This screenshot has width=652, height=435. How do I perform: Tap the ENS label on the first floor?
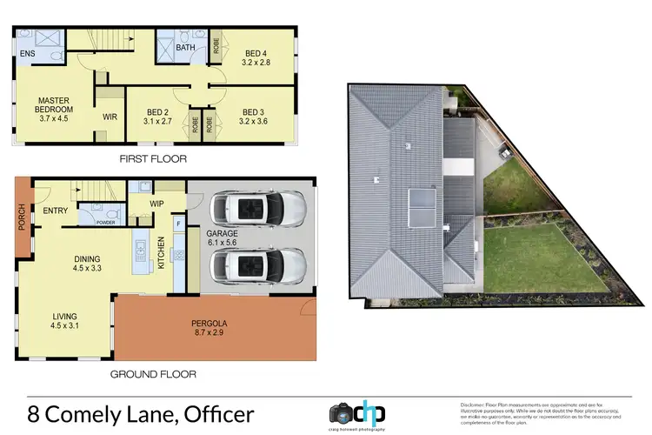point(28,63)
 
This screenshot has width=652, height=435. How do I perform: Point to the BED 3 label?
point(254,111)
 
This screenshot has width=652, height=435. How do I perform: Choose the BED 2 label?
point(156,112)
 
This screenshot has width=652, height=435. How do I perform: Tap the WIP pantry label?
point(157,204)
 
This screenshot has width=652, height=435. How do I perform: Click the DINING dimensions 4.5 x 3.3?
point(86,269)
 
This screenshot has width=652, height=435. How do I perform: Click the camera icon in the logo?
point(340,412)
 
